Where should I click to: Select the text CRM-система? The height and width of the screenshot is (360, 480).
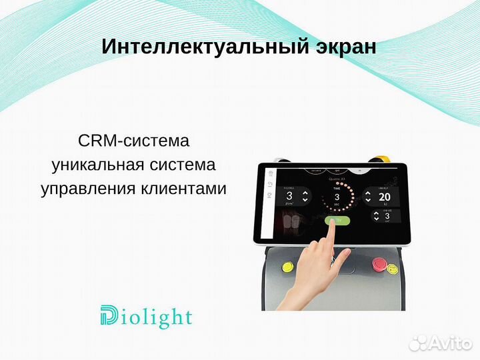(133, 141)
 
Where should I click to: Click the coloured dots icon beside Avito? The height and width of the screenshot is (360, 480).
(418, 343)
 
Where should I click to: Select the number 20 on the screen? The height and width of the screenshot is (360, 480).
(385, 197)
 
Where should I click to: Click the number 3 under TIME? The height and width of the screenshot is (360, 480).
(337, 197)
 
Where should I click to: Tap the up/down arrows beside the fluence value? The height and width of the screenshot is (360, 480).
(305, 197)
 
